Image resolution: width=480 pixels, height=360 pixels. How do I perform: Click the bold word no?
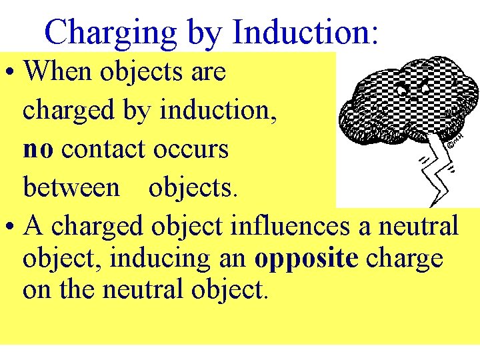[x=38, y=149]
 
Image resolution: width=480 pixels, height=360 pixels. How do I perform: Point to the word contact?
[x=102, y=149]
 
